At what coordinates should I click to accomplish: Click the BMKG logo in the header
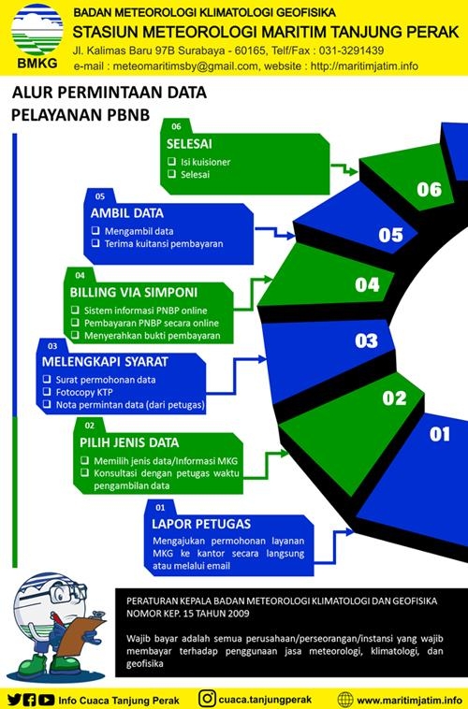[37, 36]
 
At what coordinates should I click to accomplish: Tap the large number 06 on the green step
[429, 189]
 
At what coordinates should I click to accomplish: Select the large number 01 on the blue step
[440, 434]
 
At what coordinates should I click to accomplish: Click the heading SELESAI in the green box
[189, 144]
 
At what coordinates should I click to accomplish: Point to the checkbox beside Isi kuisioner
[171, 161]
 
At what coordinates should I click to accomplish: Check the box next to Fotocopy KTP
[47, 391]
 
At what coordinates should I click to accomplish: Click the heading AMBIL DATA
[126, 213]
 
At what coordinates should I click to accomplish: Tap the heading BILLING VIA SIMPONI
[134, 292]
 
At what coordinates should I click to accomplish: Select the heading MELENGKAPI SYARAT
[105, 362]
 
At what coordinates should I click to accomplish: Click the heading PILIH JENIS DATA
[129, 442]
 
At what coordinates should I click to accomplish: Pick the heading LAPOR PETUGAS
[201, 524]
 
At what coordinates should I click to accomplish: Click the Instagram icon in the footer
[207, 698]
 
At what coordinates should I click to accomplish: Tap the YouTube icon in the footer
[46, 700]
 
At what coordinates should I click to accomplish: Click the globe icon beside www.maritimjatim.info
[345, 699]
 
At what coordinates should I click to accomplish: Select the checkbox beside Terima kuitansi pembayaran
[95, 243]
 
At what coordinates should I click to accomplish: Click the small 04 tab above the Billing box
[80, 275]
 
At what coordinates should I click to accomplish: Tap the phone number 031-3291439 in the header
[351, 51]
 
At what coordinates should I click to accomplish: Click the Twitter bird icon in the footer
[14, 700]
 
